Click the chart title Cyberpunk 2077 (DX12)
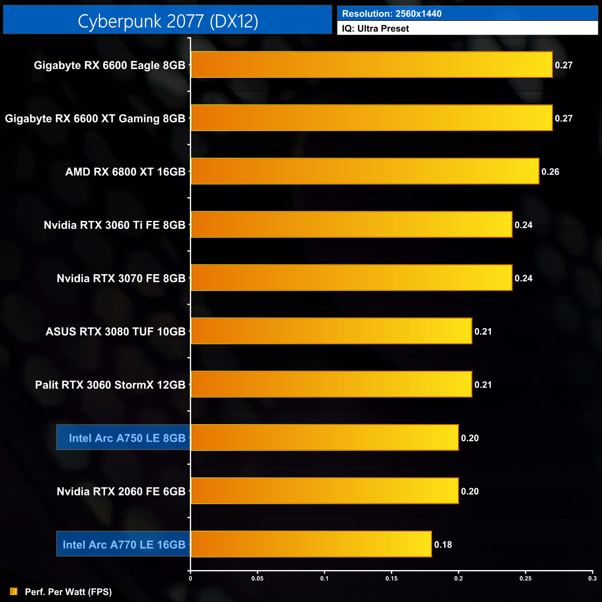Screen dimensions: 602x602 [x=168, y=21]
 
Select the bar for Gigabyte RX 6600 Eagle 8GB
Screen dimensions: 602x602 [x=371, y=65]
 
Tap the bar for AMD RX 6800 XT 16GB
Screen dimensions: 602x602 [x=365, y=171]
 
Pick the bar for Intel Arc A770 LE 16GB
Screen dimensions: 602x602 [x=311, y=544]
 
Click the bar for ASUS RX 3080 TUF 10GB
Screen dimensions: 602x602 [x=332, y=331]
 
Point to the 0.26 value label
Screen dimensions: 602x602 [x=550, y=172]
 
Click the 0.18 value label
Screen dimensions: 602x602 [x=443, y=545]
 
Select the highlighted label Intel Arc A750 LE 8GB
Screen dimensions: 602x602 [x=127, y=438]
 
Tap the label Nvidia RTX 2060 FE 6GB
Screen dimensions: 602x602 [x=121, y=491]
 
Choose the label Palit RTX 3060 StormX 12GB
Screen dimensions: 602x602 [x=110, y=385]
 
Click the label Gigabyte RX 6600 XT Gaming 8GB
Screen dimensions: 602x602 [x=95, y=119]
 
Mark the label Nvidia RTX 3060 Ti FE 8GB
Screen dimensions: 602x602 [x=114, y=225]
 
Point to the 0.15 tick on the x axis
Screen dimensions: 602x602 [x=391, y=578]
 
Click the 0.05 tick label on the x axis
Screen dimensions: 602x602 [x=257, y=578]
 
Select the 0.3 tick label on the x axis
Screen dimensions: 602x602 [x=592, y=578]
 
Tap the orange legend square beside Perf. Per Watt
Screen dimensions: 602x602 [x=14, y=591]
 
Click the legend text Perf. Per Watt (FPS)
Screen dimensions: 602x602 [x=68, y=592]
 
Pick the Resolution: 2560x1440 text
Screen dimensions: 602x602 [x=391, y=14]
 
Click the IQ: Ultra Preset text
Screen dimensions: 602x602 [x=375, y=29]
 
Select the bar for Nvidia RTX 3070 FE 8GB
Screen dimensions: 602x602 [x=351, y=278]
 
